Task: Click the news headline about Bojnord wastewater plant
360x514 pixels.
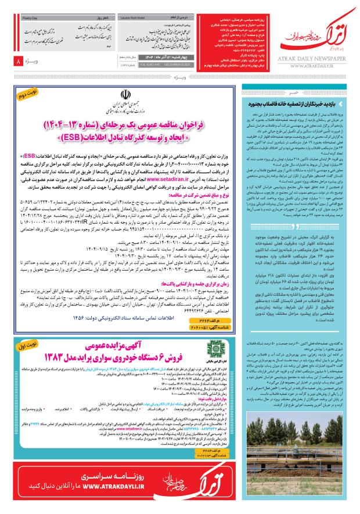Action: pyautogui.click(x=296, y=103)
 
